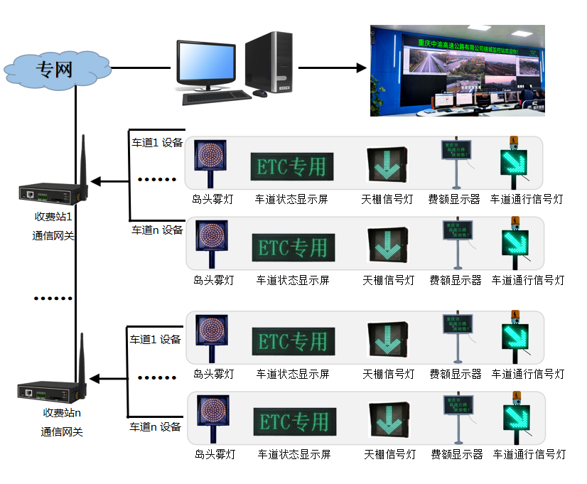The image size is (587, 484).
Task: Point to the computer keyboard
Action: click(x=216, y=98)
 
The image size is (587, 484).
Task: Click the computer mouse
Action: click(x=260, y=93)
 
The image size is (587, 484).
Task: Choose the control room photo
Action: click(x=457, y=70)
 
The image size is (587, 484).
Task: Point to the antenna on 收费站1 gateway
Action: click(x=82, y=160)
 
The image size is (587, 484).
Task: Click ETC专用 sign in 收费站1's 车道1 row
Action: click(x=291, y=166)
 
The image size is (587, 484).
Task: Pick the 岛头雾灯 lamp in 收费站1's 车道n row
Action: click(x=211, y=242)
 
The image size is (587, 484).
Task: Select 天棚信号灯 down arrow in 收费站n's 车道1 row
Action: click(x=387, y=339)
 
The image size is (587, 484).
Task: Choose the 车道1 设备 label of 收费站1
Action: click(x=156, y=143)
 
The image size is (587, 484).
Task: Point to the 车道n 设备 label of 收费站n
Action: click(x=155, y=427)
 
